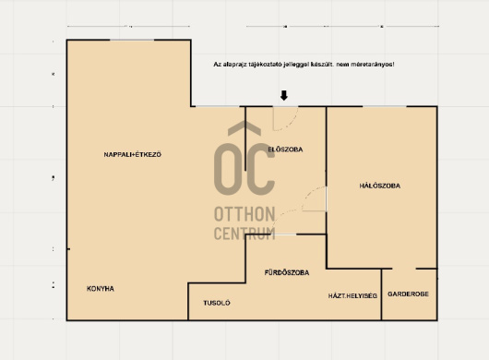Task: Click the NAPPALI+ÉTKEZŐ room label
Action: pyautogui.click(x=133, y=154)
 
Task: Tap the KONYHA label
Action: pyautogui.click(x=101, y=289)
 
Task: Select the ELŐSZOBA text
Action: pyautogui.click(x=285, y=150)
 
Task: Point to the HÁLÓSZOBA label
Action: pyautogui.click(x=380, y=186)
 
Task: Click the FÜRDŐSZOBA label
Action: pyautogui.click(x=287, y=272)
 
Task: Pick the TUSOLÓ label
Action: pyautogui.click(x=217, y=303)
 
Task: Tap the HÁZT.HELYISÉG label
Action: pyautogui.click(x=352, y=295)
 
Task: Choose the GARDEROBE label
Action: pyautogui.click(x=408, y=294)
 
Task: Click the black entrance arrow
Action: pyautogui.click(x=284, y=95)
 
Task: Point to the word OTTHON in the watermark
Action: pyautogui.click(x=244, y=214)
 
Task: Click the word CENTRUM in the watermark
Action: pyautogui.click(x=244, y=234)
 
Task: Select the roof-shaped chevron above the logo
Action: pyautogui.click(x=244, y=128)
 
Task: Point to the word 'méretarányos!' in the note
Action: pyautogui.click(x=373, y=65)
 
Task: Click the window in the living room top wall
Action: pyautogui.click(x=132, y=40)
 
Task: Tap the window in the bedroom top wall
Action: pyautogui.click(x=385, y=107)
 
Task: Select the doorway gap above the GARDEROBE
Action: pyautogui.click(x=404, y=269)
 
